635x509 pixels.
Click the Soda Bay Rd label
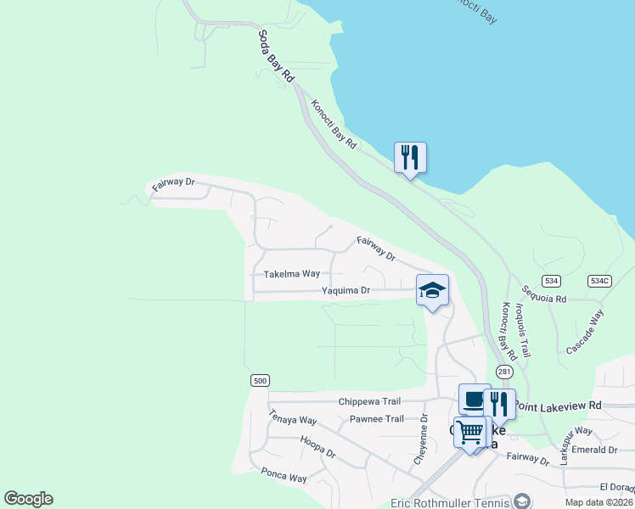277,57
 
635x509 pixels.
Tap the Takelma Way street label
292,274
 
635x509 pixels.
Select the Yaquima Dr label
346,290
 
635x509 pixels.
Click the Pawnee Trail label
377,419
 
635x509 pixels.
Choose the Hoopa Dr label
318,447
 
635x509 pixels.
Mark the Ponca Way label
284,477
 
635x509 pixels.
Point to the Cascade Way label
585,332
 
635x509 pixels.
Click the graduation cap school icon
432,290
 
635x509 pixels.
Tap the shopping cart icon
469,432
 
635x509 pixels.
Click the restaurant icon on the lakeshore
410,157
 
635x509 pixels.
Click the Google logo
28,499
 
